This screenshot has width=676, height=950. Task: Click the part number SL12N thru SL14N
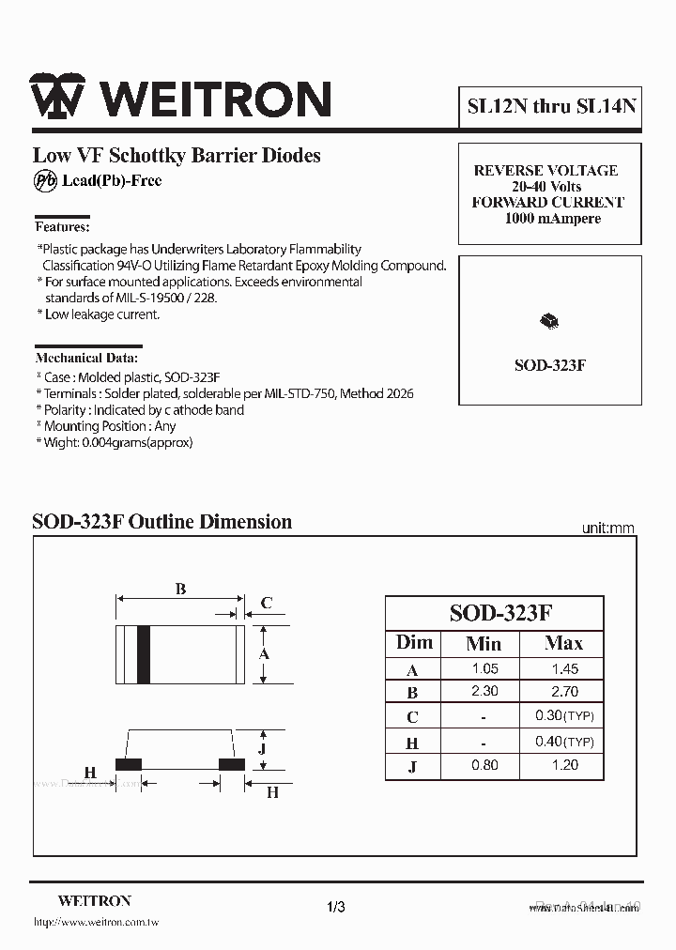pos(551,105)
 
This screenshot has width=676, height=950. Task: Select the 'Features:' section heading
pos(62,226)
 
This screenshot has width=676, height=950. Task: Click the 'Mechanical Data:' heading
pos(86,358)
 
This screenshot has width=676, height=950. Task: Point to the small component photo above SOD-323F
pos(549,322)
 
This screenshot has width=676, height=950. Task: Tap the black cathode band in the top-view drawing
pos(144,653)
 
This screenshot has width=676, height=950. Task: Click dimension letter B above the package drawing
pos(180,589)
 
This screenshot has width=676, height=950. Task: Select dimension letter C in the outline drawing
pos(266,603)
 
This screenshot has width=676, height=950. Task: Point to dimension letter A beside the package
pos(265,653)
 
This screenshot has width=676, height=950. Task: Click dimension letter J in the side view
pos(263,748)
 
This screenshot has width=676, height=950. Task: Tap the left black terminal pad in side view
pos(128,763)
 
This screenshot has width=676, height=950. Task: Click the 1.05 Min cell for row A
pos(484,669)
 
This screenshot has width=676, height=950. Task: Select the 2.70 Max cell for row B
pos(565,692)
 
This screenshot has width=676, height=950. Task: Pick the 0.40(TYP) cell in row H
pos(565,742)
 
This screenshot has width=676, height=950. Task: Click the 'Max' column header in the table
pos(563,644)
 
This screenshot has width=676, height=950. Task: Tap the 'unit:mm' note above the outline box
pos(607,529)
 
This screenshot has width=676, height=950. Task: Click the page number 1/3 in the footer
pos(337,907)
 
